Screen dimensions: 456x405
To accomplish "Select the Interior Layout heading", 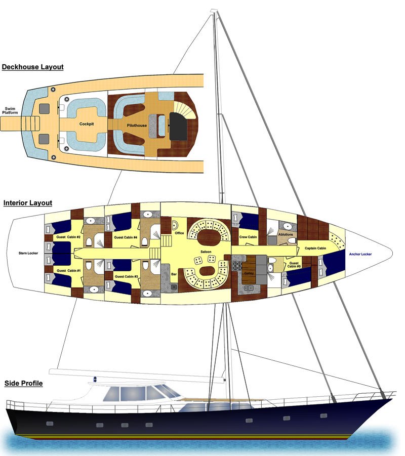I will pyautogui.click(x=28, y=203).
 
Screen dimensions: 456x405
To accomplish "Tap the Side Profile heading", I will pyautogui.click(x=23, y=383).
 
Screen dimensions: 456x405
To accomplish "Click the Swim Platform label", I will pyautogui.click(x=10, y=110).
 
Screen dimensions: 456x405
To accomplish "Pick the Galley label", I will pyautogui.click(x=249, y=273).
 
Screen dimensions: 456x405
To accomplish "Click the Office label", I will pyautogui.click(x=179, y=233).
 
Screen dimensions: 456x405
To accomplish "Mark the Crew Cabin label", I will pyautogui.click(x=248, y=237).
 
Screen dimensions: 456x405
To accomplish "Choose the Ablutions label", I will pyautogui.click(x=285, y=234).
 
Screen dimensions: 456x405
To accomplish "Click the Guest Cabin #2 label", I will pyautogui.click(x=66, y=236).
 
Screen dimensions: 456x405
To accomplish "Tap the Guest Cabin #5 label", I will pyautogui.click(x=294, y=266).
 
